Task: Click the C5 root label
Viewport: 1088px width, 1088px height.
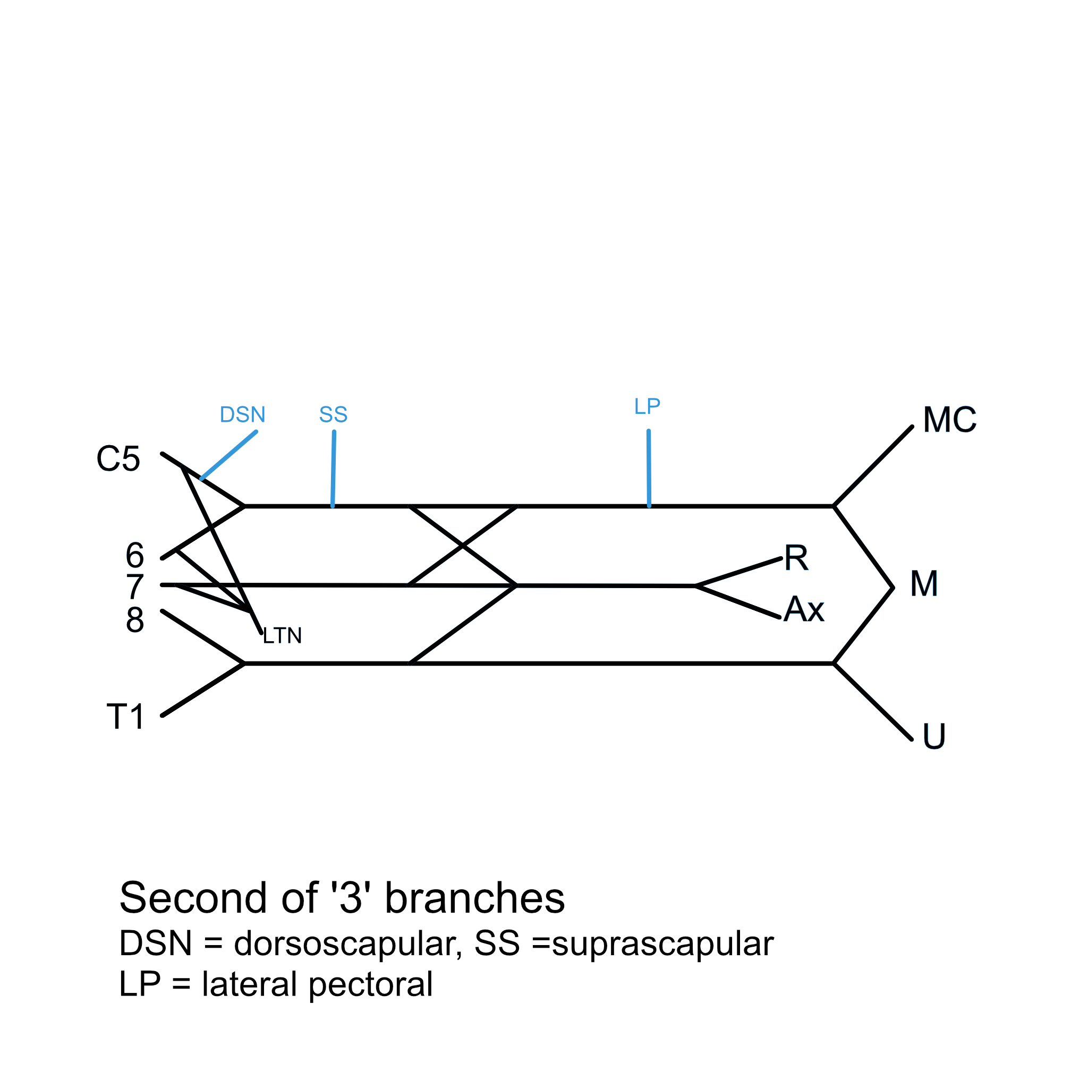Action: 118,459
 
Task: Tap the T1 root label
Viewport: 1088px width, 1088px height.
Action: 125,717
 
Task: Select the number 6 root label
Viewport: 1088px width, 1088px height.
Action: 134,556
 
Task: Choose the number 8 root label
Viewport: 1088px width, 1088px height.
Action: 134,620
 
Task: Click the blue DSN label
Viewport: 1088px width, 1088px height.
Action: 242,415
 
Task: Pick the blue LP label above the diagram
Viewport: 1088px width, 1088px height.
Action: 647,406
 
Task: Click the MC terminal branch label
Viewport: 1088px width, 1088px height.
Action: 949,420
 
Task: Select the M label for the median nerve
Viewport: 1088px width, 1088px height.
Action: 923,583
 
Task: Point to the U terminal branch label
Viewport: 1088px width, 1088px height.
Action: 934,736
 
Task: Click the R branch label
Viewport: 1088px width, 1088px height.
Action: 796,558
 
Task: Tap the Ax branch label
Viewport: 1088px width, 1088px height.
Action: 803,609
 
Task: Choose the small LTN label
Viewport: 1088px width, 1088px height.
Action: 282,636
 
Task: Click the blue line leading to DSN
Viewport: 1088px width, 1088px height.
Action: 228,455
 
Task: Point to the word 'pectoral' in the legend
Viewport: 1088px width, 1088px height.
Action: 371,984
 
